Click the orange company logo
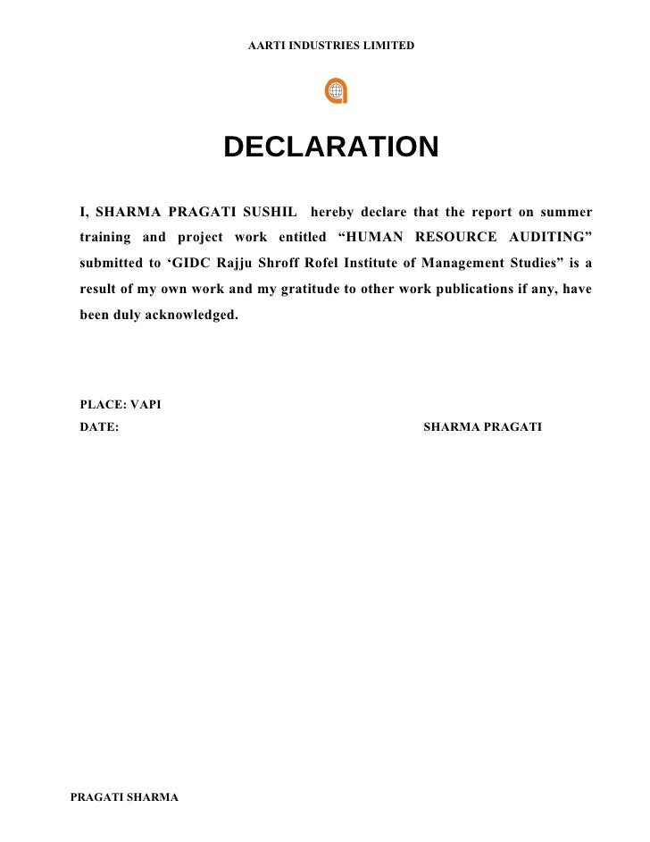coord(337,91)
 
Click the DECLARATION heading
coord(330,147)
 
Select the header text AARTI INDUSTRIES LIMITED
coord(330,45)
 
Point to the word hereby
coord(332,212)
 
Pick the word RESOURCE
coord(454,238)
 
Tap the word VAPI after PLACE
coord(146,405)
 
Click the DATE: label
coord(99,427)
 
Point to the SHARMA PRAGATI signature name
coord(482,427)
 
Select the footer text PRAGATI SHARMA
coord(125,796)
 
